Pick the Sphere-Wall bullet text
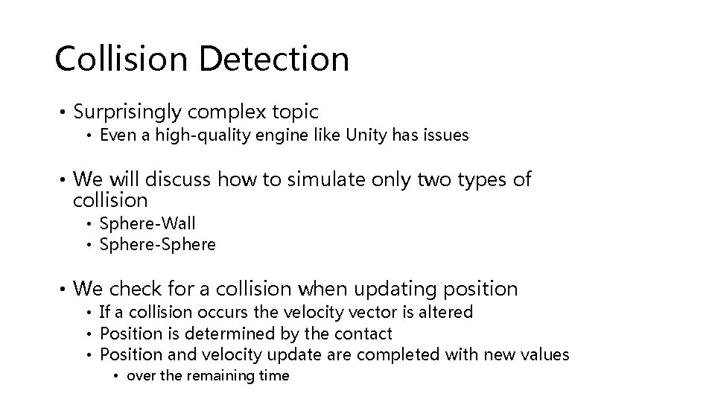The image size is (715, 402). (147, 223)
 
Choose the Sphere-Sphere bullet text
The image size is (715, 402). (157, 244)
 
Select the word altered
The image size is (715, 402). (445, 312)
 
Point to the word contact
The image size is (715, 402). (364, 334)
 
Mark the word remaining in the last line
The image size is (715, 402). (217, 376)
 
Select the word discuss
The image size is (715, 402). (179, 179)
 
